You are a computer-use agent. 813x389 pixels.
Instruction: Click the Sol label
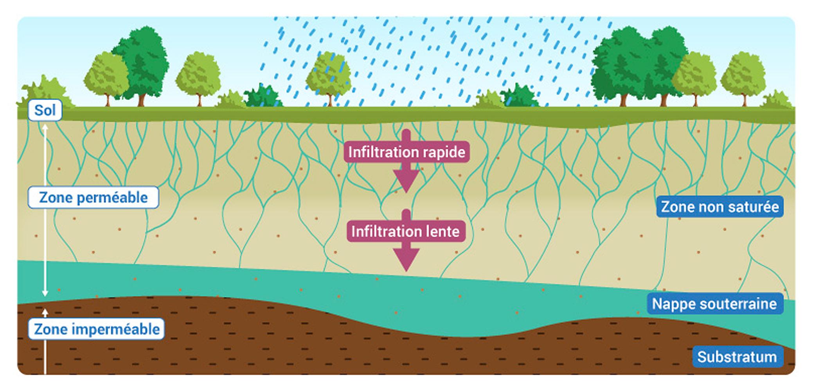(x=45, y=110)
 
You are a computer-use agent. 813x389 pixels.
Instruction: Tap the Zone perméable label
(x=93, y=197)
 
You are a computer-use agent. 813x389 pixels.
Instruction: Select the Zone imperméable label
(x=96, y=329)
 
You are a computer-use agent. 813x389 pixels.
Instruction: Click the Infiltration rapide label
(x=406, y=152)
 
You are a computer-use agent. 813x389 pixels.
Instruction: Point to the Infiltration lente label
(x=406, y=231)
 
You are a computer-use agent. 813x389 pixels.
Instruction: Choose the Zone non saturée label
(x=720, y=206)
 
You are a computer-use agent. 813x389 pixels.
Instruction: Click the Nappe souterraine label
(x=714, y=303)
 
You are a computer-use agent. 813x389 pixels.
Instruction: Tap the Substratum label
(x=737, y=357)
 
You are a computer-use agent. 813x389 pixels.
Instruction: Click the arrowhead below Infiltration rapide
(x=406, y=181)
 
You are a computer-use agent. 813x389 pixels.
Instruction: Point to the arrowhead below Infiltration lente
(x=406, y=260)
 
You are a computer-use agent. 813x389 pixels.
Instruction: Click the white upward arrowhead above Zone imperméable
(x=45, y=312)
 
